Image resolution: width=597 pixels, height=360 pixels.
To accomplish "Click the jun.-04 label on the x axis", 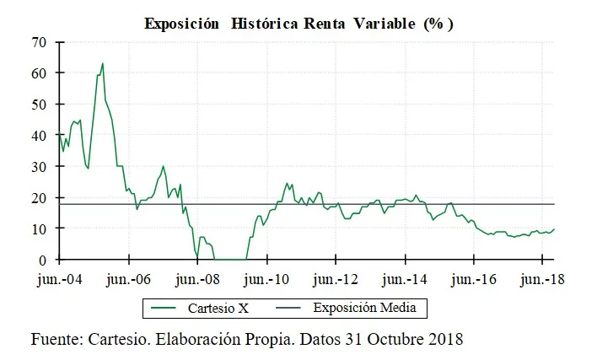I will click(60, 279).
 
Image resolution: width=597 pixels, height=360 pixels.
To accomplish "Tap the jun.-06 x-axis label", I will click(129, 279).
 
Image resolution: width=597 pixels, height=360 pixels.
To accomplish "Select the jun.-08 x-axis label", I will click(197, 279).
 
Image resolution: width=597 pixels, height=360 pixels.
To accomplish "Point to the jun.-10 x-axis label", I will click(266, 279).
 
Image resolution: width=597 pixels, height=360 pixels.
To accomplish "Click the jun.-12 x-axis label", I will click(336, 279).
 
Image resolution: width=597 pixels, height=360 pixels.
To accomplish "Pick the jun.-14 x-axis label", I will click(405, 279).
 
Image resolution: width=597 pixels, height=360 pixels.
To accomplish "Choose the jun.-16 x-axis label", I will click(474, 279).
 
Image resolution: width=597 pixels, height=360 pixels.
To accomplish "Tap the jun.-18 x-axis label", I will click(541, 279).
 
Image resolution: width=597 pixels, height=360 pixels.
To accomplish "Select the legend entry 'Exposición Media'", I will click(364, 309).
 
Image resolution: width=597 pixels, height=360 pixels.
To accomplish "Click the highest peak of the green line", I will click(103, 63).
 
